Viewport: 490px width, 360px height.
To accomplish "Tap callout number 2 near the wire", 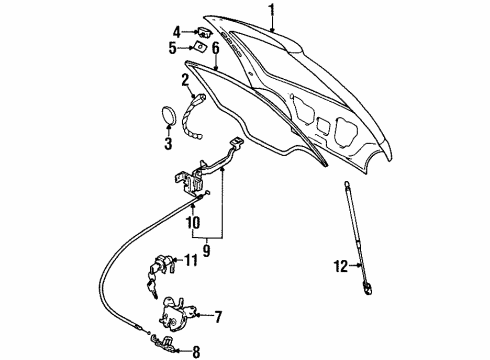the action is (186, 78).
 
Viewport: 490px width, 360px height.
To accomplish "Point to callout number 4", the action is (177, 30).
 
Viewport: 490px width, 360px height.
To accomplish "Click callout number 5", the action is (173, 46).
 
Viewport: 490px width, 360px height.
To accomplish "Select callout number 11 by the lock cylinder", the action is (192, 262).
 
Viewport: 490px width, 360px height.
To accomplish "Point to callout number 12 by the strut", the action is (340, 265).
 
